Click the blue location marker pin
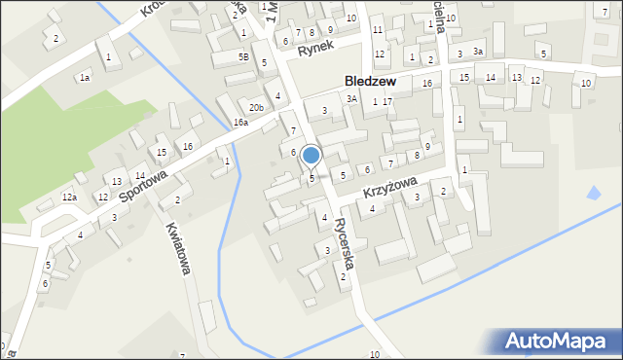pos(311,156)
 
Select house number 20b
pos(255,107)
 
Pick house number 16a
pos(240,123)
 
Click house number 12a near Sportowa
pos(69,198)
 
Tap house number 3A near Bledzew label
pos(351,98)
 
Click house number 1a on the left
pos(85,77)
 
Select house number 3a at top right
pos(477,51)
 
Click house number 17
pos(387,101)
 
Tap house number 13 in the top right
pos(516,77)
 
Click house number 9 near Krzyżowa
pos(427,146)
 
